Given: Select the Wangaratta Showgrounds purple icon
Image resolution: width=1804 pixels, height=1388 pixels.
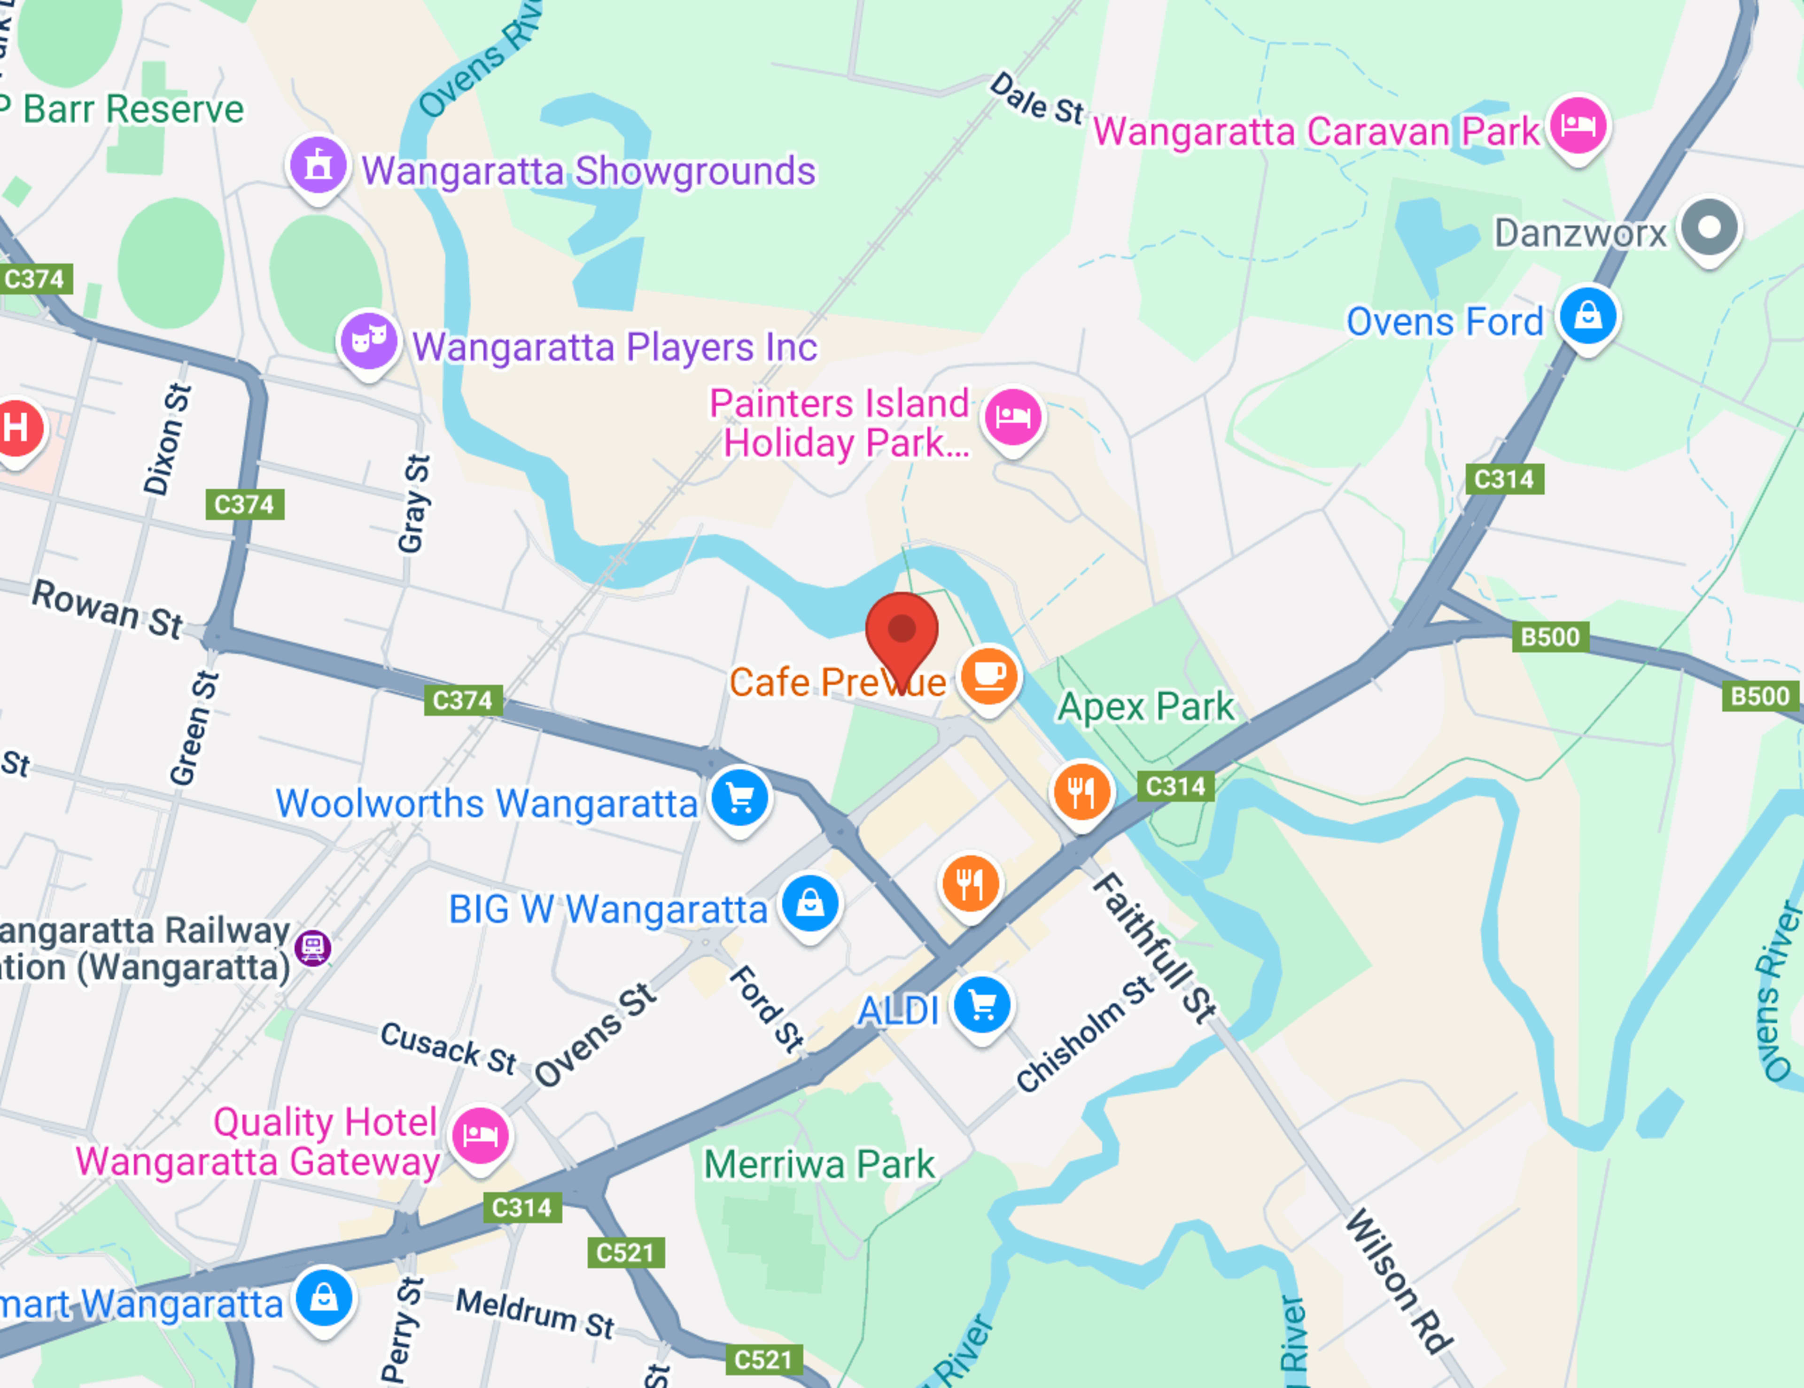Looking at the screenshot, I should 318,165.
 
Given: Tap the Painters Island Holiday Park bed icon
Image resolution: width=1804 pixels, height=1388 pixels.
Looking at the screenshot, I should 1013,417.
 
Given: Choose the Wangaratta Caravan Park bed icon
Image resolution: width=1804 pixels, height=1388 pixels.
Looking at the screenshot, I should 1578,125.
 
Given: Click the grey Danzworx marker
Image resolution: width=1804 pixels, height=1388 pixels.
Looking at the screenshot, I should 1709,228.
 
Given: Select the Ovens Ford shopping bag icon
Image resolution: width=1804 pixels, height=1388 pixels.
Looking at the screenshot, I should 1587,316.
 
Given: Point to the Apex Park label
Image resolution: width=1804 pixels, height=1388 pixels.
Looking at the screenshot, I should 1146,707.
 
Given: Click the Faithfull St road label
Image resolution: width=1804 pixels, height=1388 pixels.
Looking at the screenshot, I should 1154,950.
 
